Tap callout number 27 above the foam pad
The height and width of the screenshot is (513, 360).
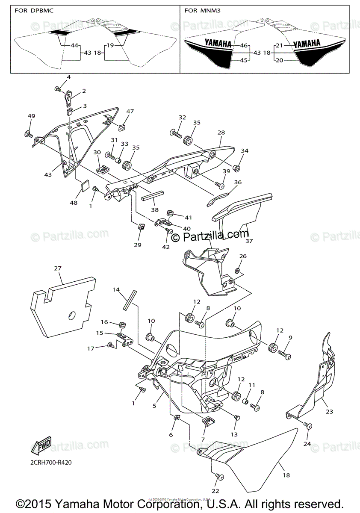tap(58, 268)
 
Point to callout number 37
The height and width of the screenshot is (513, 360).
tap(249, 241)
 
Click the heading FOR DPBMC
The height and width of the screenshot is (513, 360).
tap(34, 10)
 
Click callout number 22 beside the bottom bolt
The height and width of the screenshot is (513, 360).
tap(216, 491)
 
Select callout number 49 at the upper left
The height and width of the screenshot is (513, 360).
tap(31, 116)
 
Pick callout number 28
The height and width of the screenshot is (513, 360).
tap(221, 133)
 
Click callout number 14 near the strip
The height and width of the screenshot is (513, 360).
tap(116, 290)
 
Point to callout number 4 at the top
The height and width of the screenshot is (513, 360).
tap(68, 77)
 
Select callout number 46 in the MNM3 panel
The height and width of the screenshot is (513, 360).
tap(244, 45)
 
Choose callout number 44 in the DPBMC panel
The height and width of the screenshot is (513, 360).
tap(74, 45)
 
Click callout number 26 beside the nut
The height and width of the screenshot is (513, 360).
tap(242, 256)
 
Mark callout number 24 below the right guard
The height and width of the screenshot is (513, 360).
tap(307, 444)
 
